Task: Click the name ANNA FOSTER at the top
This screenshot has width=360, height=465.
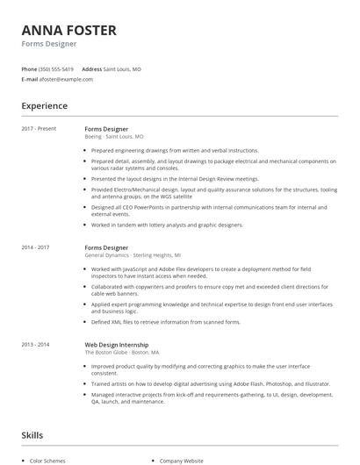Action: [68, 30]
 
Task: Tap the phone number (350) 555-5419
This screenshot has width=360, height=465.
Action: [57, 68]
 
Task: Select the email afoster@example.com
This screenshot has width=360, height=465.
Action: [66, 79]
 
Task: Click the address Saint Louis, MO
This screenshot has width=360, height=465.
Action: [122, 68]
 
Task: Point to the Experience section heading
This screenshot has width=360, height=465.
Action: [44, 106]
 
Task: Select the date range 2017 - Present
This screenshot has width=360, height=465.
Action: [39, 129]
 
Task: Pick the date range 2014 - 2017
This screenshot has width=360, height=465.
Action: [36, 247]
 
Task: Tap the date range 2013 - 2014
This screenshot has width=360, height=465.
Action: [36, 345]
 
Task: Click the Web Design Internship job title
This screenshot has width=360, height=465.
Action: [116, 345]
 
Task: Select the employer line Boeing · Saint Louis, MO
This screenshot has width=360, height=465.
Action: [114, 137]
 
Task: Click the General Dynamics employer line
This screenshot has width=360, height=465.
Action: [126, 255]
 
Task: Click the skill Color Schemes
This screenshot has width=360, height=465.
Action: [48, 461]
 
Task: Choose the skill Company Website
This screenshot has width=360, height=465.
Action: [181, 461]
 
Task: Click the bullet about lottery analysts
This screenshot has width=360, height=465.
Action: [167, 225]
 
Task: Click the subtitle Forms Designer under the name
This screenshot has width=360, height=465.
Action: [49, 43]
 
